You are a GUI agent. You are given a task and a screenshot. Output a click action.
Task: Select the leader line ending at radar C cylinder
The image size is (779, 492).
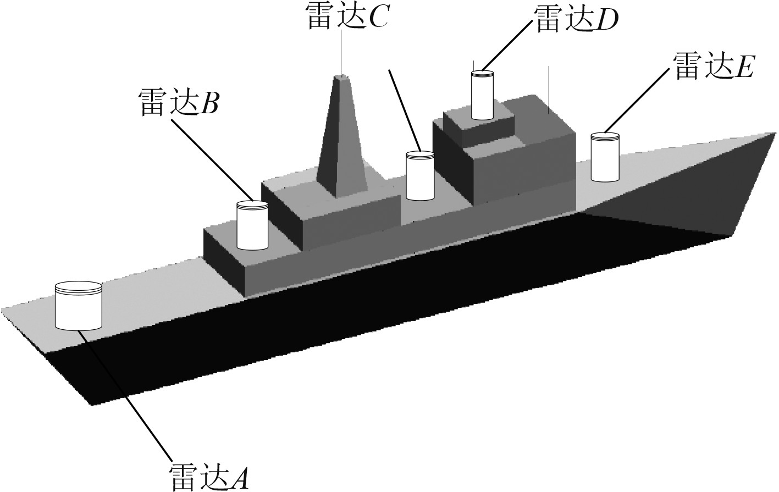click(x=405, y=110)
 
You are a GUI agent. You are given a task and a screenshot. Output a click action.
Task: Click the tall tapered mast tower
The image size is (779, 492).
click(x=342, y=137)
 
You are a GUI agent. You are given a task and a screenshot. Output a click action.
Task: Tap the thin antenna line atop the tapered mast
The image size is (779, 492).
click(x=342, y=49)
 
